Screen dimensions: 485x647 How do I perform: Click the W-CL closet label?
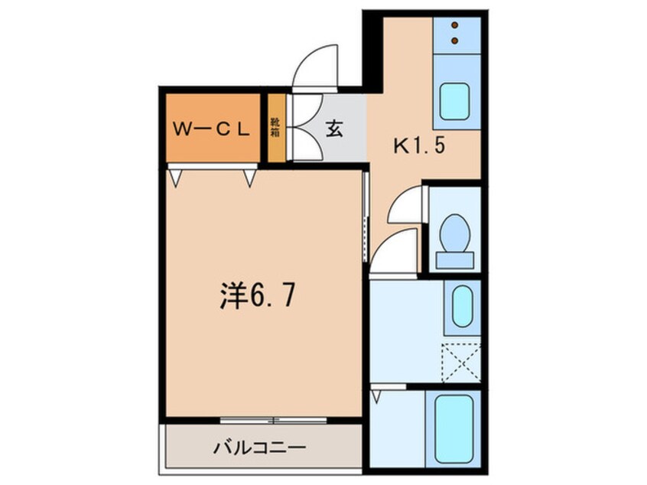pos(210,129)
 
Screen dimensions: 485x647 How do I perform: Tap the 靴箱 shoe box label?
pos(275,127)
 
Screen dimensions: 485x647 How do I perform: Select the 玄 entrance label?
pos(334,129)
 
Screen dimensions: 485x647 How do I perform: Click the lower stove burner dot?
pos(456,38)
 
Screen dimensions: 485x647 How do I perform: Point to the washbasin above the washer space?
pos(461,306)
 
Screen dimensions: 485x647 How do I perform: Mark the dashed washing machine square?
pos(461,363)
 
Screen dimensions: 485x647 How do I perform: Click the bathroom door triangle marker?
pos(376,396)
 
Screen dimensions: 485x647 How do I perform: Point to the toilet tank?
pos(455,260)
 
